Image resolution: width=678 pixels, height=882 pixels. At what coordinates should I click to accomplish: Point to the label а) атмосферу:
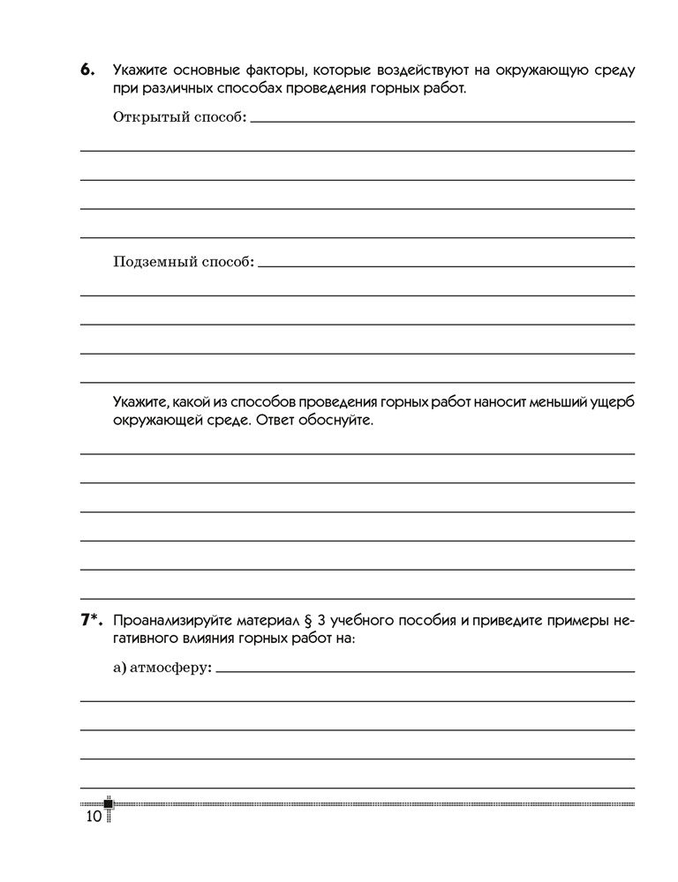pyautogui.click(x=163, y=669)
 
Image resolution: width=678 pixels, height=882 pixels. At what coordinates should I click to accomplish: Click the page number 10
pyautogui.click(x=94, y=817)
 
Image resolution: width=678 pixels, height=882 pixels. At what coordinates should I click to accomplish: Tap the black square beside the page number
pyautogui.click(x=109, y=804)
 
